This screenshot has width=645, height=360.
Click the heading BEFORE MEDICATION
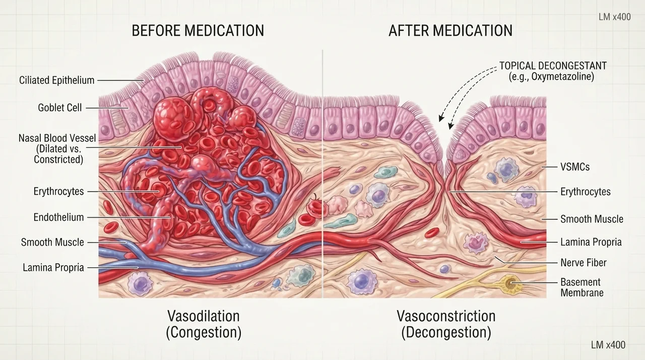pos(198,31)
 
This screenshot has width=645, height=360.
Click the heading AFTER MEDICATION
pos(450,31)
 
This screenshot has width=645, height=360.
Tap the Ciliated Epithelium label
pos(57,80)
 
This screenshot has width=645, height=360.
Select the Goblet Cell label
pos(60,108)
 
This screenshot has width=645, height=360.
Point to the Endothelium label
pos(59,217)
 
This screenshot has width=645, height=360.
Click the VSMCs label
pos(575,167)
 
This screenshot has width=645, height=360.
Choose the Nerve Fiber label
pos(584,263)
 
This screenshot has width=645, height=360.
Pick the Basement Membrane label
pos(582,287)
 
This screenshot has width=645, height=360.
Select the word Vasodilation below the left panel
pos(204,316)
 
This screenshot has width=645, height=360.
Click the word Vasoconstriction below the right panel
pos(446,316)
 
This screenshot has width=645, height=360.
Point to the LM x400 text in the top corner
pos(615,17)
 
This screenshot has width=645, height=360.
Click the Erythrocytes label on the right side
pos(586,192)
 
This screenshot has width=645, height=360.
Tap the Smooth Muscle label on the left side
pos(52,243)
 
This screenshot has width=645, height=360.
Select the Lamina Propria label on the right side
pos(591,242)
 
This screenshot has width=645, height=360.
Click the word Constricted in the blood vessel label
pos(58,159)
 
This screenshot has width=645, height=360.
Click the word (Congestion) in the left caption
pos(204,332)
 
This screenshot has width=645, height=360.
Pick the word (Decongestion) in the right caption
pos(446,332)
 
